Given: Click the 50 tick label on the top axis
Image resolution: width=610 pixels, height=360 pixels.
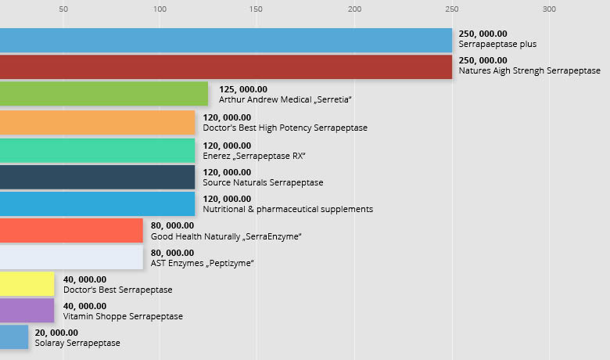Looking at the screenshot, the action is [x=63, y=9].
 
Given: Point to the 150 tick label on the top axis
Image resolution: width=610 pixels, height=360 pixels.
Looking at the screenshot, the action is [x=256, y=9].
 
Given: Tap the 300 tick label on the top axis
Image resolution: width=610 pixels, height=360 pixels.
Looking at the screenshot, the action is [x=549, y=9].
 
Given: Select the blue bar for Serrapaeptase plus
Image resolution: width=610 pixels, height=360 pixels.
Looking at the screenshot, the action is [x=226, y=40].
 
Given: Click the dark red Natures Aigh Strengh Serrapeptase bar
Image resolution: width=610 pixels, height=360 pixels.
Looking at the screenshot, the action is [x=226, y=67].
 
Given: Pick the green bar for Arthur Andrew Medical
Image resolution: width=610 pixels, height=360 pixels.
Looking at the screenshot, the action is [x=104, y=93].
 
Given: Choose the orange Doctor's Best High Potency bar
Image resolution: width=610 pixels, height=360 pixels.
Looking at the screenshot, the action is [x=97, y=122].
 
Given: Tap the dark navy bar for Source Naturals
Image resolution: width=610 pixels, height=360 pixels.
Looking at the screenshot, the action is [x=97, y=177].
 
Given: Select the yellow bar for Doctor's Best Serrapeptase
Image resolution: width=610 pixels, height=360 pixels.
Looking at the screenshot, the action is [x=27, y=284].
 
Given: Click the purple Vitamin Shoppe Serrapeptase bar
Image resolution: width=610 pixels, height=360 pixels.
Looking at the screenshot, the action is [x=27, y=310].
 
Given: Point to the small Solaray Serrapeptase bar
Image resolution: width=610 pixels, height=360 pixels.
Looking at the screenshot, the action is [x=14, y=337].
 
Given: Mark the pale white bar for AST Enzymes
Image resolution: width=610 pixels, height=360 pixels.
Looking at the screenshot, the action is [x=72, y=257].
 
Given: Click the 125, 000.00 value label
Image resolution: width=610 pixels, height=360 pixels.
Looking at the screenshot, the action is [x=243, y=89].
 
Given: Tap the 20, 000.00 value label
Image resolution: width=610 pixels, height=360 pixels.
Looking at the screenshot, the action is [x=56, y=333].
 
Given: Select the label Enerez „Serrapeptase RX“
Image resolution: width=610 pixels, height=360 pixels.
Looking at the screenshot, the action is [x=254, y=156].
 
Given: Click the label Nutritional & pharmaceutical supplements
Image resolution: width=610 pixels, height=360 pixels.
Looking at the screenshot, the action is [x=288, y=210].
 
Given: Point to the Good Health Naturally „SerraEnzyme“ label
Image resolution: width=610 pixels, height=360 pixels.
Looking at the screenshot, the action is [x=226, y=236].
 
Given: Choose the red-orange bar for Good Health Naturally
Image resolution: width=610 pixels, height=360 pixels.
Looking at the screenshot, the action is [x=72, y=230].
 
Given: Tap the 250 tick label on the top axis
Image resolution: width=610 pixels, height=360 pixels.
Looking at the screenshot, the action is [x=452, y=9].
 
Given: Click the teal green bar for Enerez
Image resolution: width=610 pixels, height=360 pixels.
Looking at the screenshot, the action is [x=97, y=150].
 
